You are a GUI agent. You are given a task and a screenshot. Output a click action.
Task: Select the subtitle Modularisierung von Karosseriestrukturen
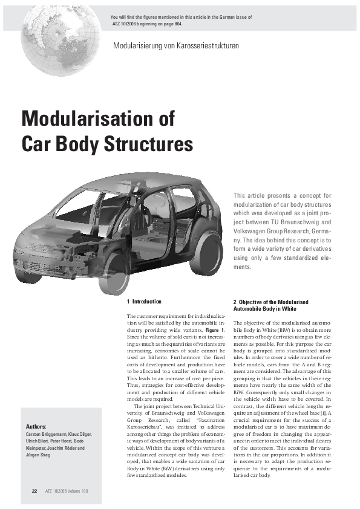tap(175, 46)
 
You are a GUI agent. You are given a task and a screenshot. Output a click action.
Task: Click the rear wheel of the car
tap(206, 252)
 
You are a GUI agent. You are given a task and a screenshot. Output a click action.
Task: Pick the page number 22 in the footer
tap(34, 490)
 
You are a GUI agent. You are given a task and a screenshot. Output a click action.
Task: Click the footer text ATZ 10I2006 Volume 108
tap(67, 490)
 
